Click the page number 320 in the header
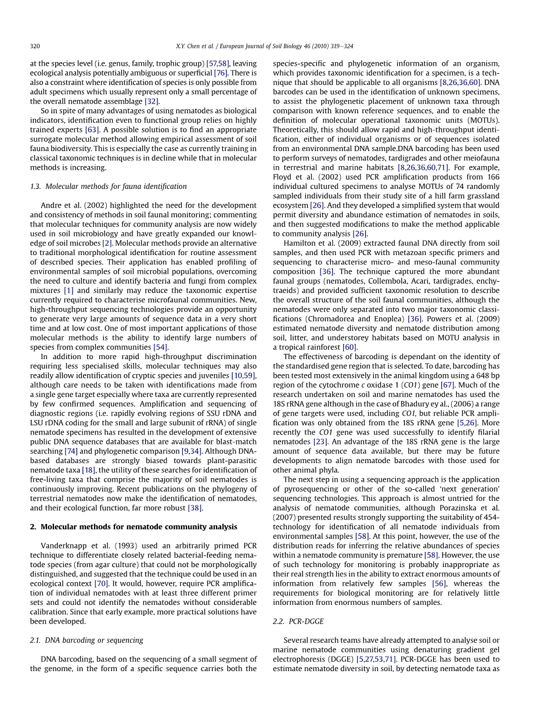35,46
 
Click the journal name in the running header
331,46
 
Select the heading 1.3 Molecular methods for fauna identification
108,187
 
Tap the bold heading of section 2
134,527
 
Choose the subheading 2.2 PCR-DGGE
298,622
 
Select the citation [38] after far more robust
195,508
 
